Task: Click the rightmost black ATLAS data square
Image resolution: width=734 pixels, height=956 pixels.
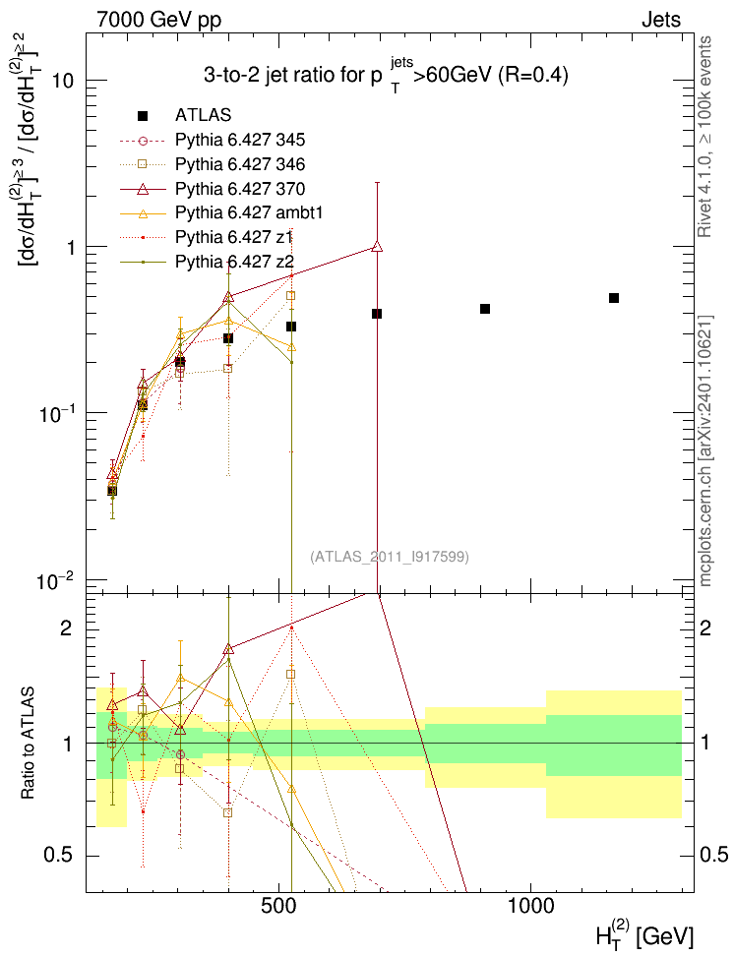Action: coord(614,298)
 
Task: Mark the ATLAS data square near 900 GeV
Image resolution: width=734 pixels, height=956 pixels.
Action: coord(485,309)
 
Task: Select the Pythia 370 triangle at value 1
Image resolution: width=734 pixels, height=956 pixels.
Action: coord(377,246)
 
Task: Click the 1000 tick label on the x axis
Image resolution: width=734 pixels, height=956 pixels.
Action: coord(530,906)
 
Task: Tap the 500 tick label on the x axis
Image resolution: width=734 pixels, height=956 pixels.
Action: coord(278,906)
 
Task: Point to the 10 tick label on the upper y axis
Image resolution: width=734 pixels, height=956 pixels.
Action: coord(63,81)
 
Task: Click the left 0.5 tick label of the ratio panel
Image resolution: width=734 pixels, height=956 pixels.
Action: coord(59,856)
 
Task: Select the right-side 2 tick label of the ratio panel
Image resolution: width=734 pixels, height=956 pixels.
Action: coord(705,627)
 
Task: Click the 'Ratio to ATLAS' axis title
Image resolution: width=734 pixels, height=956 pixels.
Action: coord(28,743)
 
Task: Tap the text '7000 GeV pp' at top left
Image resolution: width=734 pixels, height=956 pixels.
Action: coord(158,20)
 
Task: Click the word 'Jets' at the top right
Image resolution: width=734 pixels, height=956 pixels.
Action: coord(661,20)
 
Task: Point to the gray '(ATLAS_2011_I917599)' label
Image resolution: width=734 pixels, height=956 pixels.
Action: coord(390,557)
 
